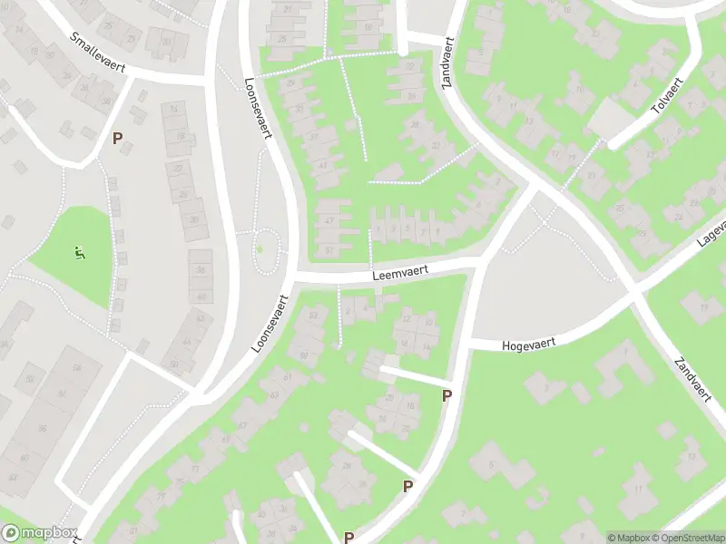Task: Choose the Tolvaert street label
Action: pos(666,99)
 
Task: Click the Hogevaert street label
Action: pos(527,343)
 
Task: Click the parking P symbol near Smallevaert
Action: pos(116,138)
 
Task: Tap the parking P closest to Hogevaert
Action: pos(446,395)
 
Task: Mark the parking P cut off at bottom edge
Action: pos(348,538)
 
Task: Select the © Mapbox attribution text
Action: pos(629,537)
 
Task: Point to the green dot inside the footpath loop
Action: pos(260,249)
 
